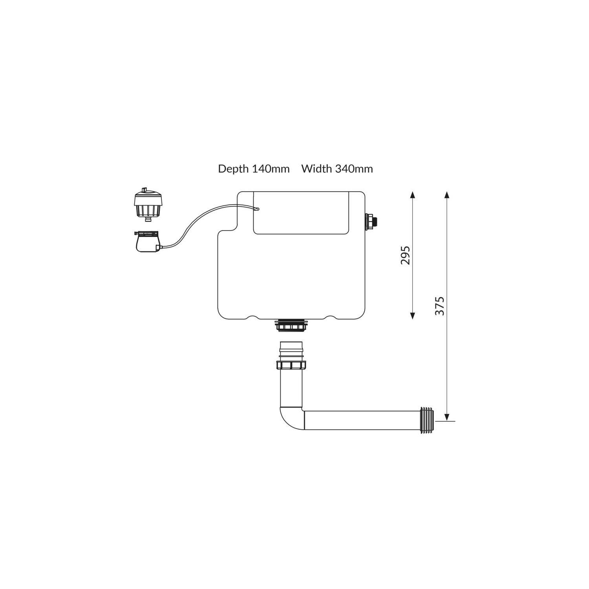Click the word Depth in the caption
233,169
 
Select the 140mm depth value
271,169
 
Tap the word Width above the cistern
316,169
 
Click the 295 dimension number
405,255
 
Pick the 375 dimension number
440,306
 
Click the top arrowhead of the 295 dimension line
412,195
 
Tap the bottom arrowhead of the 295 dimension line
412,316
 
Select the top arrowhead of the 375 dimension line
447,195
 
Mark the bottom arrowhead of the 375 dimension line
447,417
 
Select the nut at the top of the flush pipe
291,365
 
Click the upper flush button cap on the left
147,203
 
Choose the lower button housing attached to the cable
147,241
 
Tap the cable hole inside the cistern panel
257,209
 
